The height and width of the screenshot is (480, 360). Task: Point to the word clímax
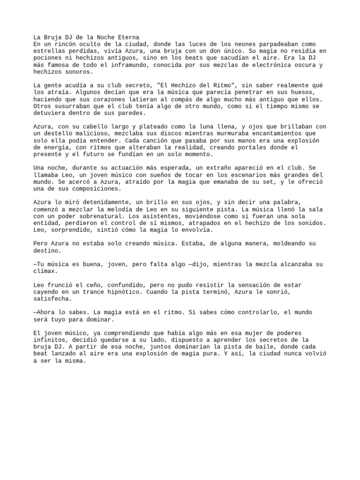point(45,271)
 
